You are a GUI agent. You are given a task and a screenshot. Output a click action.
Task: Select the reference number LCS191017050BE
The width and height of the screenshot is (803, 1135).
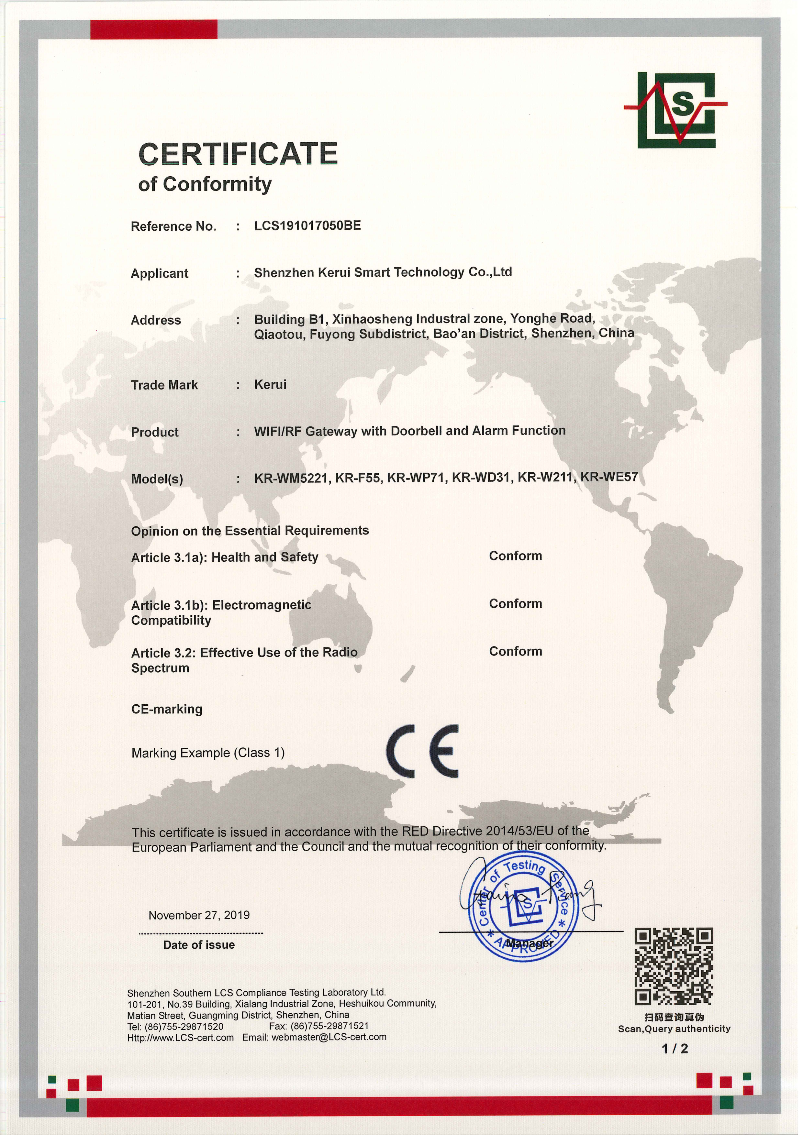click(307, 226)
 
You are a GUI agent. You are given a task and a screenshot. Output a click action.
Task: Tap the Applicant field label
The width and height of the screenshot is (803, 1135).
click(159, 273)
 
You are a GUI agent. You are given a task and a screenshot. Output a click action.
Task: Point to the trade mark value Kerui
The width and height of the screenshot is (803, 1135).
click(270, 385)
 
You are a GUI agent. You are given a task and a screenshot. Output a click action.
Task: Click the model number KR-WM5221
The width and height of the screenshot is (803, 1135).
click(292, 478)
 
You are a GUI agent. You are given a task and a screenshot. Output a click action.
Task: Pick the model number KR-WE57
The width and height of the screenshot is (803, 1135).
click(609, 477)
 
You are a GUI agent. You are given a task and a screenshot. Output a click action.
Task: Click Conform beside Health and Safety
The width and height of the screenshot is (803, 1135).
click(515, 556)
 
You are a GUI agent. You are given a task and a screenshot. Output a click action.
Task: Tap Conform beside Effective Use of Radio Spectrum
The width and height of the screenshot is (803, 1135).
click(515, 652)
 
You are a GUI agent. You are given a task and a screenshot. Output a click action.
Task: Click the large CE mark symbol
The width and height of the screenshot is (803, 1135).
click(422, 751)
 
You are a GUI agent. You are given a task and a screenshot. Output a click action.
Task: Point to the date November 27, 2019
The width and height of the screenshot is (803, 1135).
click(199, 915)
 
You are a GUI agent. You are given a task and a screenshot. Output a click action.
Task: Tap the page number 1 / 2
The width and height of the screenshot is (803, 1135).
click(675, 1049)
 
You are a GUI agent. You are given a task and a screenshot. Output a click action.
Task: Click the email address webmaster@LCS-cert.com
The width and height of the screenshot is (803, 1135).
click(329, 1037)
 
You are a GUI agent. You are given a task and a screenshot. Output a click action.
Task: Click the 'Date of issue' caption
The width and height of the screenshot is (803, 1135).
click(199, 945)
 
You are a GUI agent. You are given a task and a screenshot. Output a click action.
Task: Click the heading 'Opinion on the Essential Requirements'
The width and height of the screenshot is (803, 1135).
click(250, 531)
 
